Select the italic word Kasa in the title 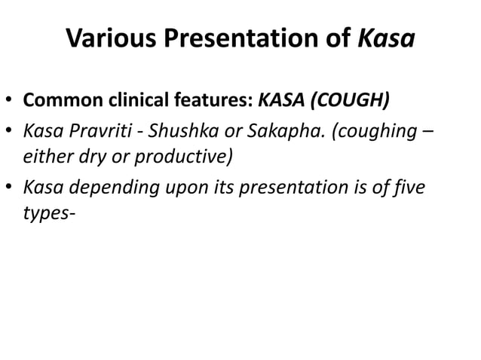pos(385,38)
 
